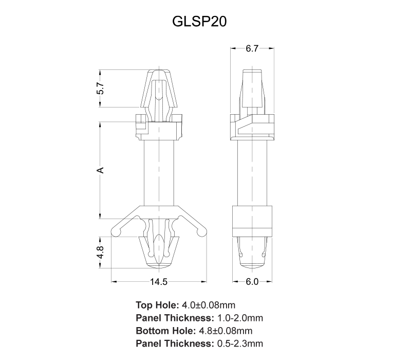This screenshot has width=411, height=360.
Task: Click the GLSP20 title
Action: click(199, 22)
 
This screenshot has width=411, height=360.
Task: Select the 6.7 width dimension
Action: click(252, 48)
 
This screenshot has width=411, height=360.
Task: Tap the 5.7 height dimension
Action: click(100, 88)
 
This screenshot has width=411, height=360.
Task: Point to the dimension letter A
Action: click(100, 170)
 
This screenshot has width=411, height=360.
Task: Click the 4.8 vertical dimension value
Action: click(100, 253)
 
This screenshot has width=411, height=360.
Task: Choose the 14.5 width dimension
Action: click(158, 282)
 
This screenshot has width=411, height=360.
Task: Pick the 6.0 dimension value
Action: click(252, 282)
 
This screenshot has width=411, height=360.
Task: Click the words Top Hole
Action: click(157, 305)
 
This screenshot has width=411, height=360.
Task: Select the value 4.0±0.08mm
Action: click(209, 305)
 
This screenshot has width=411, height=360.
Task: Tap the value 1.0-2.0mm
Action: click(240, 318)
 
